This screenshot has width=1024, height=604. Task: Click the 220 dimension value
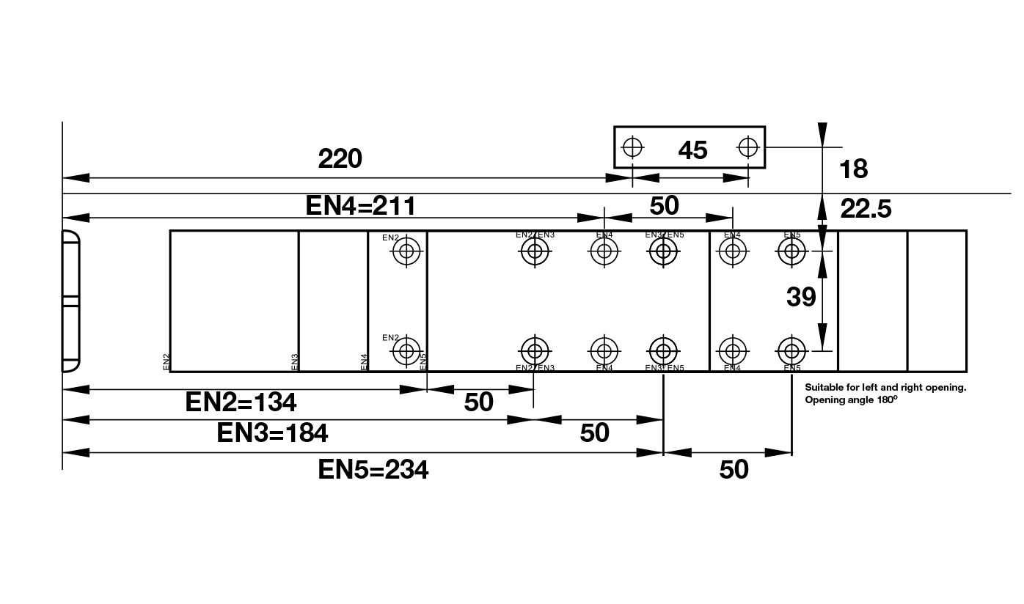point(340,158)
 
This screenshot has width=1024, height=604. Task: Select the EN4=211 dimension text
point(360,206)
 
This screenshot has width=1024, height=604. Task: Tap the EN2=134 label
point(241,402)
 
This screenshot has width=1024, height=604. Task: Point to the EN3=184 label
point(272,433)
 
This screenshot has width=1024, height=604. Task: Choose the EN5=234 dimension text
point(373,469)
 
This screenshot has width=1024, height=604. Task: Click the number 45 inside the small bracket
point(692,150)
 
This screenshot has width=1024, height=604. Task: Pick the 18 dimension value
point(853,169)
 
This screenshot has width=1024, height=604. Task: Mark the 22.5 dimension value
point(866,210)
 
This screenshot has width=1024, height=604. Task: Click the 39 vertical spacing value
point(801,297)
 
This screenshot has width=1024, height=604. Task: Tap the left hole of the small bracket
point(632,147)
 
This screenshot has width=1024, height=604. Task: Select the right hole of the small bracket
point(748,147)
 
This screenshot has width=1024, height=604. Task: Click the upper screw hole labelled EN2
point(406,252)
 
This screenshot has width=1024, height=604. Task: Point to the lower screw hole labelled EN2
point(406,351)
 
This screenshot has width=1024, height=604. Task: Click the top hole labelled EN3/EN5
point(664,252)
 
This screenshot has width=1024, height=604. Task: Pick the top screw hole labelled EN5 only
point(791,252)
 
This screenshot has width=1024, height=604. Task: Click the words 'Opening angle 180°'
point(851,400)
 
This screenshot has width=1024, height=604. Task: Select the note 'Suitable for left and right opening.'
point(885,387)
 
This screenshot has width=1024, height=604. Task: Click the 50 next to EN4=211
point(665,206)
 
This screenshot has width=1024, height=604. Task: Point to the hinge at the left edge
point(70,301)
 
